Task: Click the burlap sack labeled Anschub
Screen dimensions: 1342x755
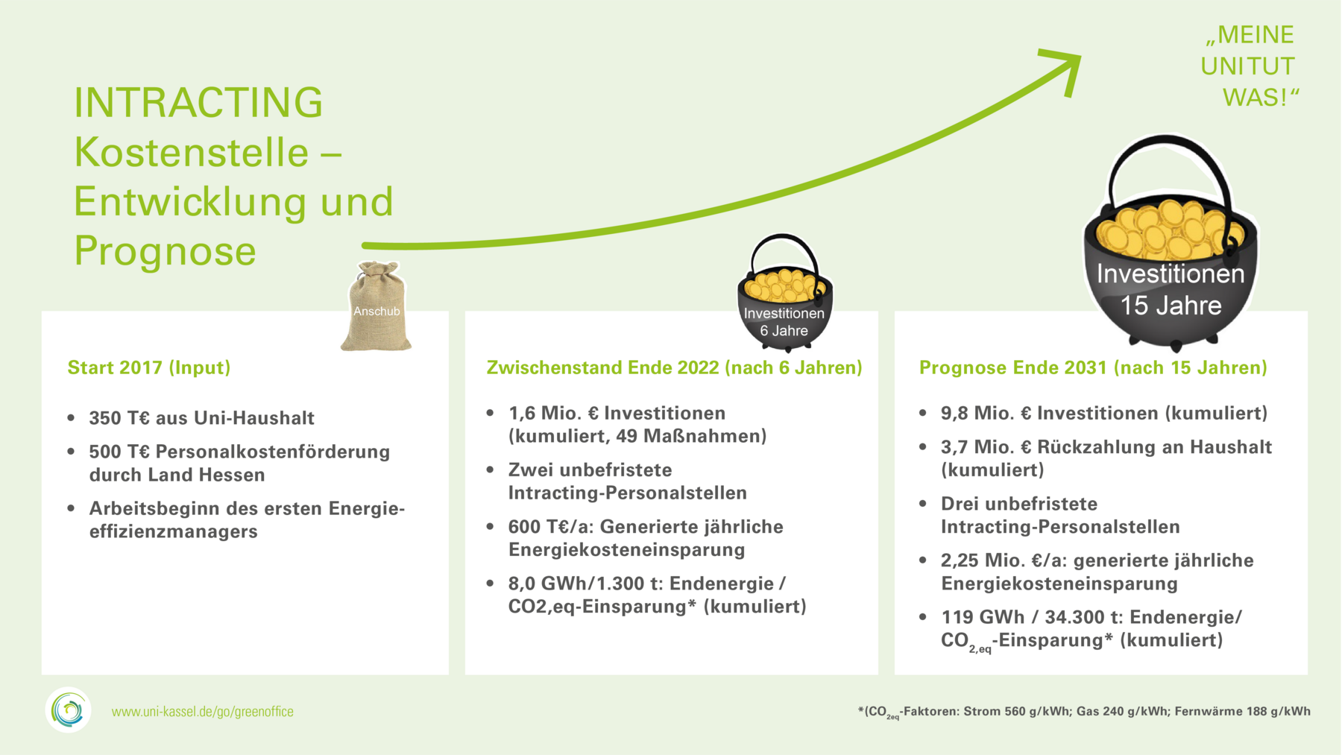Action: click(x=377, y=306)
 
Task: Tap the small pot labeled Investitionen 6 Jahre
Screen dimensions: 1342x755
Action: click(x=785, y=294)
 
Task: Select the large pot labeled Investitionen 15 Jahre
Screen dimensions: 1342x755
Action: click(x=1170, y=243)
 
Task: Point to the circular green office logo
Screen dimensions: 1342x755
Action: click(x=69, y=710)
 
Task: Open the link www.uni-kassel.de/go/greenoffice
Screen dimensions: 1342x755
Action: click(x=203, y=712)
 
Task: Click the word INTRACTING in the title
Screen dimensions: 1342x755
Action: click(x=198, y=103)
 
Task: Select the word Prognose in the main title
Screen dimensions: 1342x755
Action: click(x=165, y=250)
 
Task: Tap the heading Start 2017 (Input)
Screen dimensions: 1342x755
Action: click(x=149, y=367)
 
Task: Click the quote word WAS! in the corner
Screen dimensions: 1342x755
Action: click(x=1260, y=98)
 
